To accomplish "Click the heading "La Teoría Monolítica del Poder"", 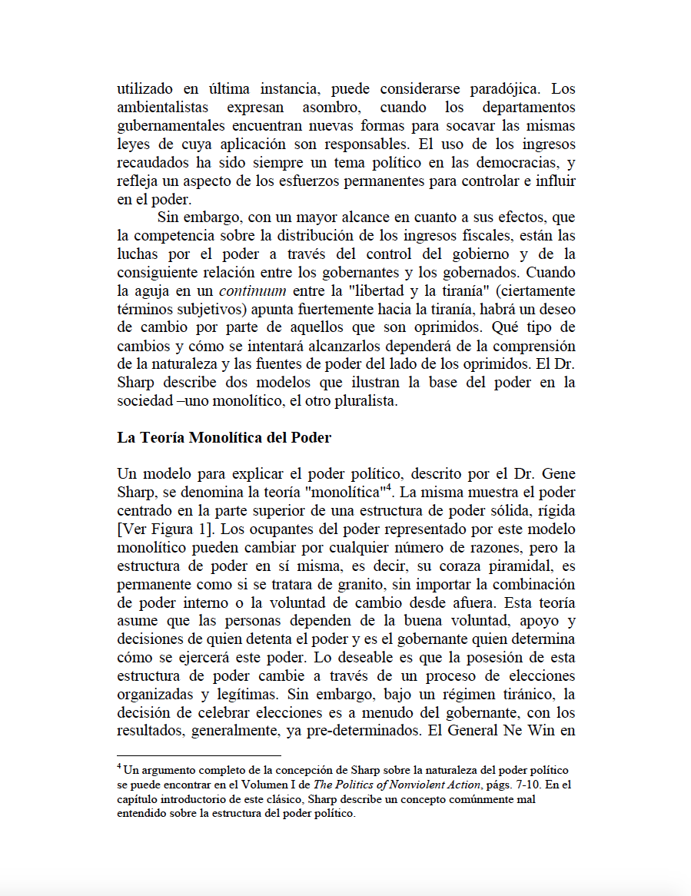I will tap(224, 438).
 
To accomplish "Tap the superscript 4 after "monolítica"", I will tap(389, 487).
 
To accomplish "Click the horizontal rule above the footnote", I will tap(199, 756).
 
